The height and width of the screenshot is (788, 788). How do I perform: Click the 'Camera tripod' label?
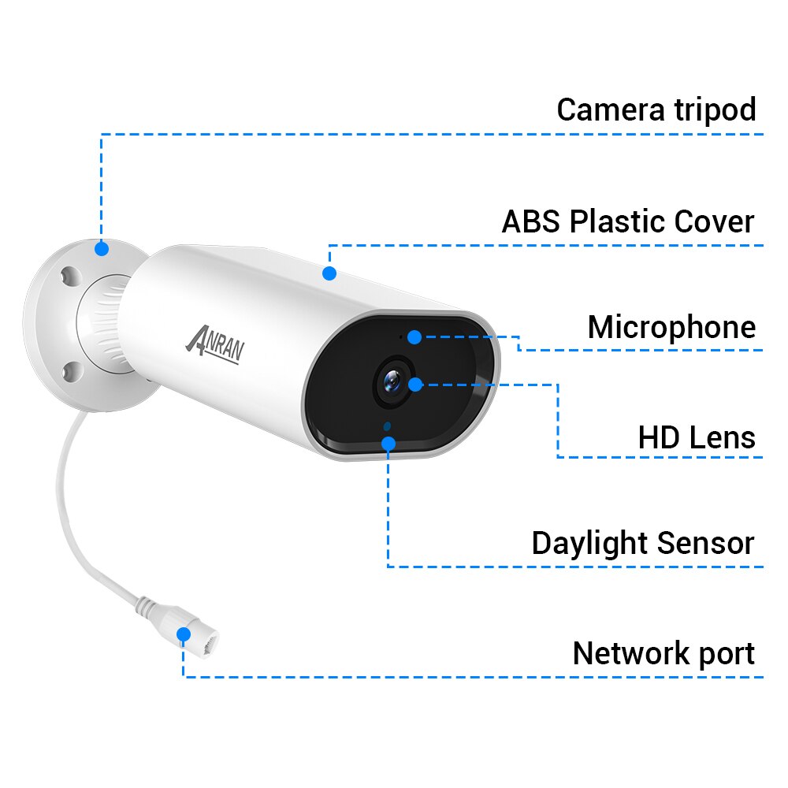coord(656,110)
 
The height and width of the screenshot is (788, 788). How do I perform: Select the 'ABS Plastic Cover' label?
coord(628,221)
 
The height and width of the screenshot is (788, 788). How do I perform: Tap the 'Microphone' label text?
coord(672,328)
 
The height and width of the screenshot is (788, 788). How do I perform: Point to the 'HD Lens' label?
coord(697,437)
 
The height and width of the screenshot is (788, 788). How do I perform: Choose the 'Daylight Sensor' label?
coord(643,544)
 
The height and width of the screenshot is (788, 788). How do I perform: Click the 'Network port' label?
coord(663,653)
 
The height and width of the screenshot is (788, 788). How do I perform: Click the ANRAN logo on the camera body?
coord(215,345)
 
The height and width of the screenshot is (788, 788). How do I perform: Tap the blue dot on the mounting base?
coord(102,248)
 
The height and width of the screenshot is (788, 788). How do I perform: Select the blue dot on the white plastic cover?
coord(329,273)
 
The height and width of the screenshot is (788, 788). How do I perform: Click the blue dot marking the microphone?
coord(414,336)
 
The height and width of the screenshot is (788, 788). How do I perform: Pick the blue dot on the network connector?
coord(184,634)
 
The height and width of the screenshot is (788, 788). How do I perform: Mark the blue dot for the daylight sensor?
coord(388,443)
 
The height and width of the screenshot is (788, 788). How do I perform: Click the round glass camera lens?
coord(392,381)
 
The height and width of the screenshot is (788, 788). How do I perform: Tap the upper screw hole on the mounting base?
coord(70,277)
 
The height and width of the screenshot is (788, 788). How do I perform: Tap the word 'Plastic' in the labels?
coord(618,221)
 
